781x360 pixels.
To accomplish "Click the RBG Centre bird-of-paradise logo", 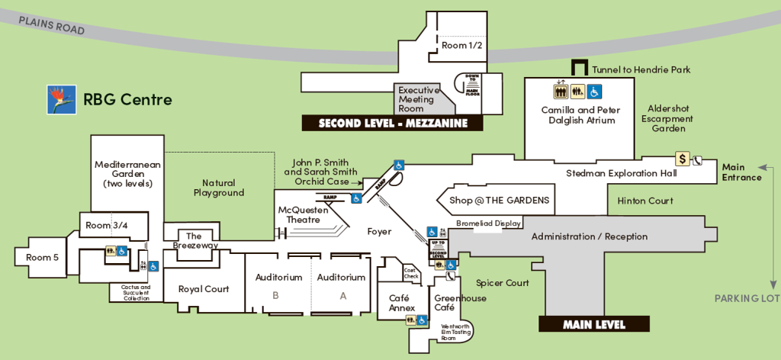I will click(x=62, y=99).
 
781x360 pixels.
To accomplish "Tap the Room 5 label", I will click(x=42, y=258).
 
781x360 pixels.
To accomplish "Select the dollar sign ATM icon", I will click(x=683, y=159).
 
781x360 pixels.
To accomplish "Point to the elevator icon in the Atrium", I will click(x=561, y=92).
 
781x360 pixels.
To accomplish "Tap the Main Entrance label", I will click(x=741, y=172).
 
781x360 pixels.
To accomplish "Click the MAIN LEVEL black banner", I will click(x=593, y=324).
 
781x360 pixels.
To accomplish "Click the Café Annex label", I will click(x=401, y=303).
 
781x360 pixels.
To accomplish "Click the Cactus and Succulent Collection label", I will click(x=136, y=292).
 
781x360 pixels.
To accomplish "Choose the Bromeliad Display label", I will click(x=488, y=223).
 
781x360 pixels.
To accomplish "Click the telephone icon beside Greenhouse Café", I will click(x=439, y=276).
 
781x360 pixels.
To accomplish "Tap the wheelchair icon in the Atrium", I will click(x=594, y=92).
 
